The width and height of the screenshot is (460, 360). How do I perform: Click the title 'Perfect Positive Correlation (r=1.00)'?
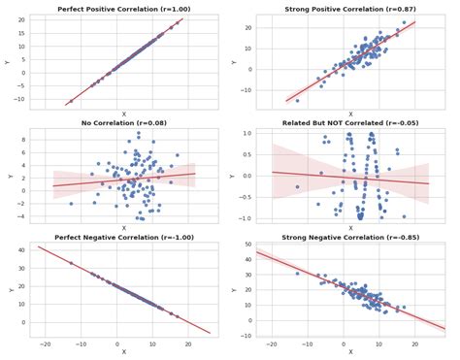[123, 9]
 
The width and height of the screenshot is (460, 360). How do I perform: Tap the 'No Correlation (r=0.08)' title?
[123, 123]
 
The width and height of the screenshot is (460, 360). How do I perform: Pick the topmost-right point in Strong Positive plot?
[405, 22]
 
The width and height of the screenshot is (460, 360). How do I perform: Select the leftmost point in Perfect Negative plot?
[71, 262]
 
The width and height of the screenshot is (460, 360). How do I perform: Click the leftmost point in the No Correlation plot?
[71, 204]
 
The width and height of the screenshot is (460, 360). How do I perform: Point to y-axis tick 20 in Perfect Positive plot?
[21, 19]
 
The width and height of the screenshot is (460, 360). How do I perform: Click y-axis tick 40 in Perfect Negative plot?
[21, 249]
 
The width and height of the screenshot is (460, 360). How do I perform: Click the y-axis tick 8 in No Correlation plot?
[23, 139]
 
